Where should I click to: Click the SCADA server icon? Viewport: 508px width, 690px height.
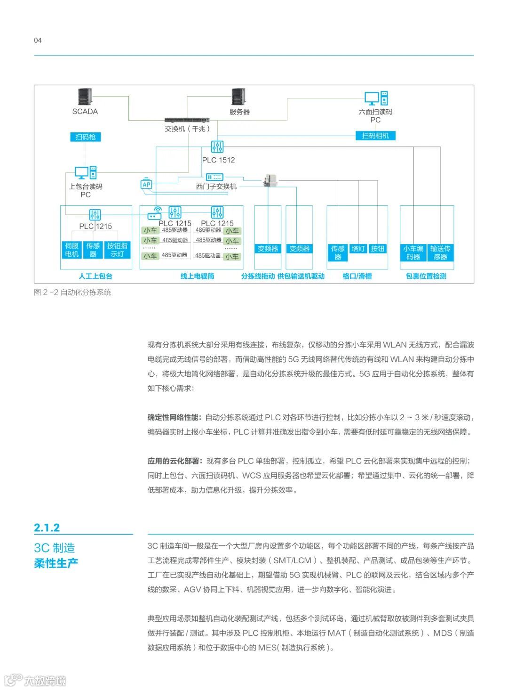tap(85, 97)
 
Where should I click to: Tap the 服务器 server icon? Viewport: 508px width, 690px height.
tap(239, 97)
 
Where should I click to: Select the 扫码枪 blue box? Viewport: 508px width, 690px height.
tap(85, 137)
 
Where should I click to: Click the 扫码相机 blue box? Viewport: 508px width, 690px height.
tap(375, 136)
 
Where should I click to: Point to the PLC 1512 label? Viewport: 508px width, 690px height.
tap(218, 160)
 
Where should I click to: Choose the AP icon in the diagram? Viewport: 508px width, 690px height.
tap(146, 184)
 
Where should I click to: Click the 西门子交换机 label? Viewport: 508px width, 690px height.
tap(216, 187)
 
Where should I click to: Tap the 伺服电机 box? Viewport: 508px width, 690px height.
tap(71, 250)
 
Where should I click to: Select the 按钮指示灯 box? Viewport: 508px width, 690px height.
tap(117, 250)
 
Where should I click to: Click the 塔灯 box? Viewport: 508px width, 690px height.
tap(358, 248)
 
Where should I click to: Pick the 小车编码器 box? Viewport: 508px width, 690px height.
tap(413, 252)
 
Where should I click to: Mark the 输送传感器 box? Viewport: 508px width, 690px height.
tap(440, 252)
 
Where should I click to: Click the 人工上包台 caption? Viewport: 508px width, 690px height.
tap(95, 276)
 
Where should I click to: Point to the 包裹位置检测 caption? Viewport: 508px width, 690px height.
tap(426, 276)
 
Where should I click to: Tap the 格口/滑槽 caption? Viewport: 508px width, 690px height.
tap(357, 276)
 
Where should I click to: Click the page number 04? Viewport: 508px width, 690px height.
tap(38, 41)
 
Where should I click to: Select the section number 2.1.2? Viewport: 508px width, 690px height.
tap(47, 528)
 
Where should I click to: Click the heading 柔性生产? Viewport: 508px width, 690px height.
tap(56, 563)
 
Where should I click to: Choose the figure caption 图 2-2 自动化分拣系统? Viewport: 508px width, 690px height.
tap(72, 292)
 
